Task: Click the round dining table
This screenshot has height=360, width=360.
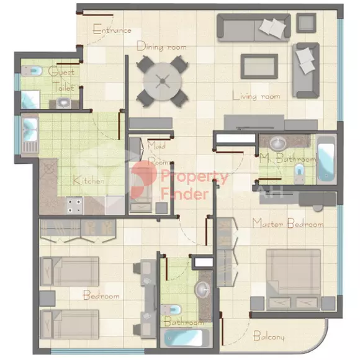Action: click(x=163, y=81)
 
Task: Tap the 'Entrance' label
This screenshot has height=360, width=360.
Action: click(x=112, y=29)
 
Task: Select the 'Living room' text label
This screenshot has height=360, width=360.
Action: click(x=256, y=96)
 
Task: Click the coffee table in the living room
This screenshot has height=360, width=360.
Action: click(x=259, y=66)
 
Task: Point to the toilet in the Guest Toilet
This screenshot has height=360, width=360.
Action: click(x=32, y=71)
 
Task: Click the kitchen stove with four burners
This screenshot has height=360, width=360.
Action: click(x=74, y=205)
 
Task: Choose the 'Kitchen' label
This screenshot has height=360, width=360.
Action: click(x=89, y=181)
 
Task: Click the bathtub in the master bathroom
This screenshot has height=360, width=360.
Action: click(x=326, y=160)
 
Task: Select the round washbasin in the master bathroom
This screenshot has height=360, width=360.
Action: click(x=278, y=143)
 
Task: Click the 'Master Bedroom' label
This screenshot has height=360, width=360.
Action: click(x=288, y=223)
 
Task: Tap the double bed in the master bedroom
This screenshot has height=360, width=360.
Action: click(x=293, y=280)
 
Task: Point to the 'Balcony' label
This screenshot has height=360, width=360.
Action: click(x=269, y=336)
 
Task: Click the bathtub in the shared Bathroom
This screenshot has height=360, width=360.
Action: click(x=185, y=338)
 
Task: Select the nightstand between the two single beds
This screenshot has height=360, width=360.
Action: click(x=47, y=299)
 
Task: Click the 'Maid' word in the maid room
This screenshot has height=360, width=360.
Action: click(x=156, y=145)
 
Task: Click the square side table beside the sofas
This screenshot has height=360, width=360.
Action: click(x=306, y=23)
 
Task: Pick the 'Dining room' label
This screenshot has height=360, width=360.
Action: click(x=161, y=47)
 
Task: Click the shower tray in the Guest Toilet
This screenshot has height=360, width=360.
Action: click(x=30, y=99)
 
